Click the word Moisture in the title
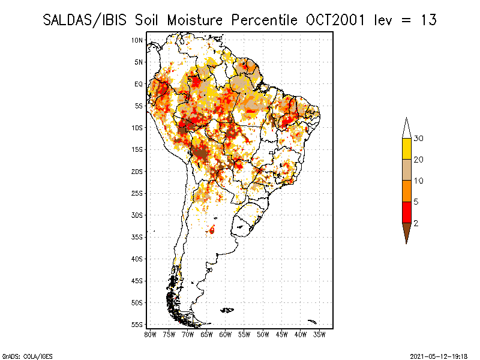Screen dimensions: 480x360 (x=194, y=20)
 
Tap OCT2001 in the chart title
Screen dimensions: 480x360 (x=335, y=20)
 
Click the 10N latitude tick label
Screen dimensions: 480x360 (x=137, y=40)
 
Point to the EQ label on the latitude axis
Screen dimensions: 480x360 (x=139, y=84)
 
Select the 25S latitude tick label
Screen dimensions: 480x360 (x=137, y=193)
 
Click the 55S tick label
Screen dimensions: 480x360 (x=137, y=325)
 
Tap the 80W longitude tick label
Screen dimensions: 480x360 (x=150, y=335)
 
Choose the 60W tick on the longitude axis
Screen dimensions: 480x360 (x=226, y=335)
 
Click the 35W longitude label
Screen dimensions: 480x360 (x=319, y=335)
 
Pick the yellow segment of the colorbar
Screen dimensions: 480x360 (x=407, y=149)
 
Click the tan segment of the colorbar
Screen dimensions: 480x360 (x=407, y=170)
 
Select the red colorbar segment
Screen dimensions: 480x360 (x=407, y=212)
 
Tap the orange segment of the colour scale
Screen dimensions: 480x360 (x=407, y=191)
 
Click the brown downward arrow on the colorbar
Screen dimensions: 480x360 (x=407, y=231)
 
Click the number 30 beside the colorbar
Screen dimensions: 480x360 (x=418, y=139)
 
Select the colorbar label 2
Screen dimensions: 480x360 (x=416, y=223)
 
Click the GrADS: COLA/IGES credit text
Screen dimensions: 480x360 (x=27, y=356)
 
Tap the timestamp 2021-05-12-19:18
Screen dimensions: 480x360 (x=439, y=356)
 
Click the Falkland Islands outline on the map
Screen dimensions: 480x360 (x=227, y=310)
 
